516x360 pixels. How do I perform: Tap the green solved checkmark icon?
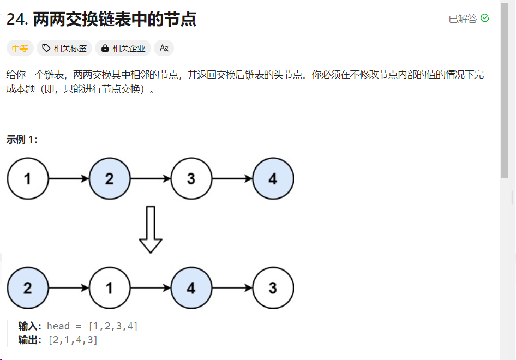[485, 19]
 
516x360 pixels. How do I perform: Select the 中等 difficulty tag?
[20, 48]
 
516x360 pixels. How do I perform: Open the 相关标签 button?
[64, 48]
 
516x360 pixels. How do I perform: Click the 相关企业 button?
[123, 48]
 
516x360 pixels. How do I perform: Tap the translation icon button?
[164, 48]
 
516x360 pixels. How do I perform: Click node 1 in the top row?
[28, 178]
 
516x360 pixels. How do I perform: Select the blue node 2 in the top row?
[110, 178]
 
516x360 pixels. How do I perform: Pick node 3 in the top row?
[191, 178]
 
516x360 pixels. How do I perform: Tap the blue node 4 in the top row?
[273, 178]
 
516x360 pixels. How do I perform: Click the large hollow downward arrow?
[151, 229]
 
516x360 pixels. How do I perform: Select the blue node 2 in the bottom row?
[28, 288]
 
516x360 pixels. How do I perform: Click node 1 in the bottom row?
[110, 288]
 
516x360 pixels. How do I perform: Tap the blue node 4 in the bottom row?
[191, 288]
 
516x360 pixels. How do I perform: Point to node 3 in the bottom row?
[273, 288]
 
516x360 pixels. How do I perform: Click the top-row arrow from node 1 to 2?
[69, 178]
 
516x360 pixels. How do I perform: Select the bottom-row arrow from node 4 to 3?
[232, 288]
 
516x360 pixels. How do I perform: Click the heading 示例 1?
[22, 140]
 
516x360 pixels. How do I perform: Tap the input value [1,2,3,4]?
[113, 326]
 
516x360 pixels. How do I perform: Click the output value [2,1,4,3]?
[73, 340]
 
